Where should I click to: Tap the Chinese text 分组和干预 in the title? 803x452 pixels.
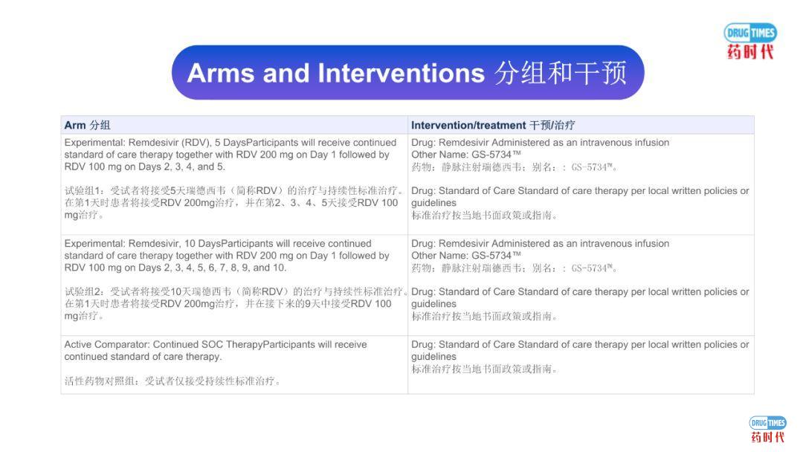coord(560,73)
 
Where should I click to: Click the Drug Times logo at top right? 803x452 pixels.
coord(750,41)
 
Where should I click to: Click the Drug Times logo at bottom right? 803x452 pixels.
coord(767,430)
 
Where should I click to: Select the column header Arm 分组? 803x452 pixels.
coord(87,125)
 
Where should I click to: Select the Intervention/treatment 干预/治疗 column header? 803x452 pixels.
coord(492,125)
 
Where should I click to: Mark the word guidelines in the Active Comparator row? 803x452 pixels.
coord(433,357)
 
